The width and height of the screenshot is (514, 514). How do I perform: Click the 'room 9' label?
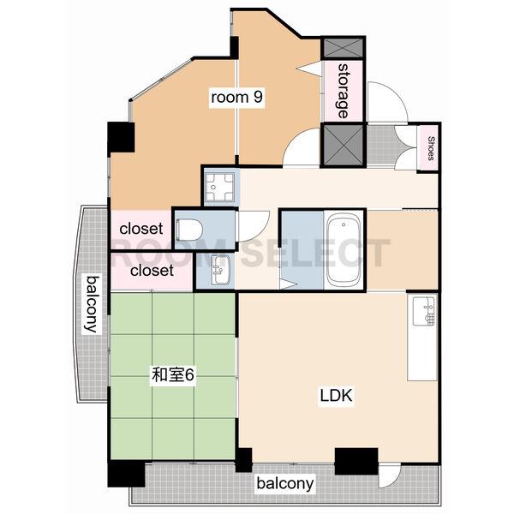point(236,98)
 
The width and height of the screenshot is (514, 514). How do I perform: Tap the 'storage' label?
point(343,91)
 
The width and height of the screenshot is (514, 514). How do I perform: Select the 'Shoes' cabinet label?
point(431,148)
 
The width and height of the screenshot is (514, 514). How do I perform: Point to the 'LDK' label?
point(336,395)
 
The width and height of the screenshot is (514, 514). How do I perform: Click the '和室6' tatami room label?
point(173,375)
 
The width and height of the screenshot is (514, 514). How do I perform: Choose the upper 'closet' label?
point(141,229)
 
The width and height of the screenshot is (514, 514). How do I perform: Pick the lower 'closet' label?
point(152,271)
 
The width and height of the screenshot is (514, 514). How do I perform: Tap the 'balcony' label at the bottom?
point(285,484)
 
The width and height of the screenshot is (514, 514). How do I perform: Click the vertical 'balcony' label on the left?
point(92,304)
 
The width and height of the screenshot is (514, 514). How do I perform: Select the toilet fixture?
point(189,230)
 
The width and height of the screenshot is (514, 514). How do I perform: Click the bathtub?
point(344,250)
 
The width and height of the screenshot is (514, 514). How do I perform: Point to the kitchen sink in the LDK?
point(424,311)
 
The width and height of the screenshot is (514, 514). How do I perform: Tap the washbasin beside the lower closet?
point(219,270)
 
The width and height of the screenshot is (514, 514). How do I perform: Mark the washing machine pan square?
point(219,187)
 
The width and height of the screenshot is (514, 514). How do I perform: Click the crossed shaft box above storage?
point(344,48)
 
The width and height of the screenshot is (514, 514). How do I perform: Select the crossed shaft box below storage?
point(344,145)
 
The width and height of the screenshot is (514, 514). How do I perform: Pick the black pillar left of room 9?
point(121,137)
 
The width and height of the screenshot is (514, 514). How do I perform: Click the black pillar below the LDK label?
point(356,462)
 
